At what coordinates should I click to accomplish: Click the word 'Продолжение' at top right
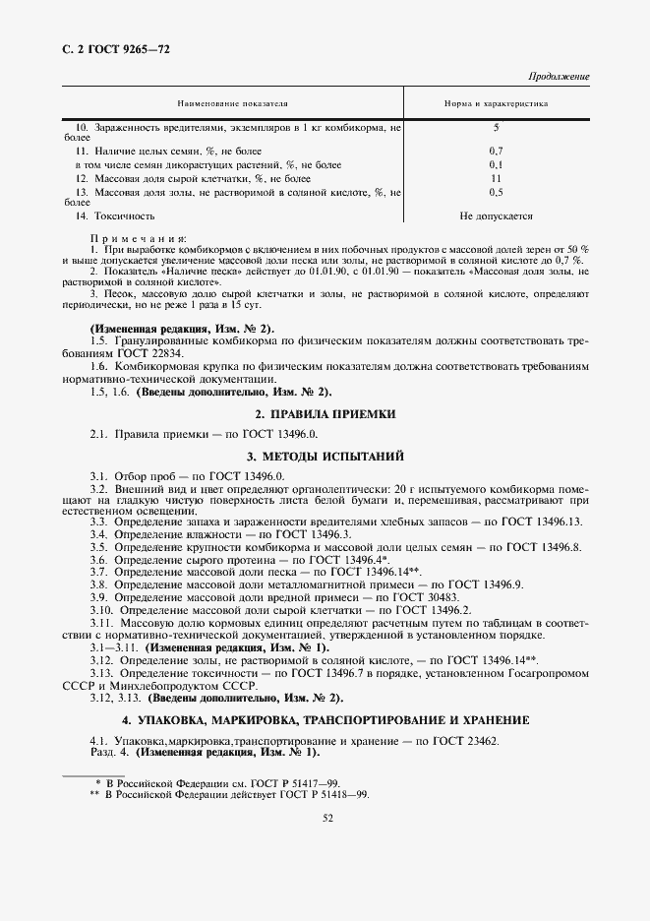pyautogui.click(x=559, y=77)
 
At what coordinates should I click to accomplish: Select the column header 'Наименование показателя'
pyautogui.click(x=232, y=102)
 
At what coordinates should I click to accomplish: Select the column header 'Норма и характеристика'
pyautogui.click(x=496, y=102)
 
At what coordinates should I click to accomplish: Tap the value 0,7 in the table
pyautogui.click(x=496, y=151)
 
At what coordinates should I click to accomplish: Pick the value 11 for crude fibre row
pyautogui.click(x=496, y=178)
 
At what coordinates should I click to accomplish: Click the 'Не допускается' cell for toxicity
pyautogui.click(x=496, y=215)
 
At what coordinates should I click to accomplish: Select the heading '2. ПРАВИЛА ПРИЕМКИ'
pyautogui.click(x=325, y=414)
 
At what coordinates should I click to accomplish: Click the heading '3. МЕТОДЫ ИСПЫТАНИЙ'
pyautogui.click(x=325, y=457)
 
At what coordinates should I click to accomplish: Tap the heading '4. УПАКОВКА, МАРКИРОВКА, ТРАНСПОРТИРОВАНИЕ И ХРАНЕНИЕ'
pyautogui.click(x=325, y=719)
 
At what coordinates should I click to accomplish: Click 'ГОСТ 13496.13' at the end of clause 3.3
pyautogui.click(x=548, y=521)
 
